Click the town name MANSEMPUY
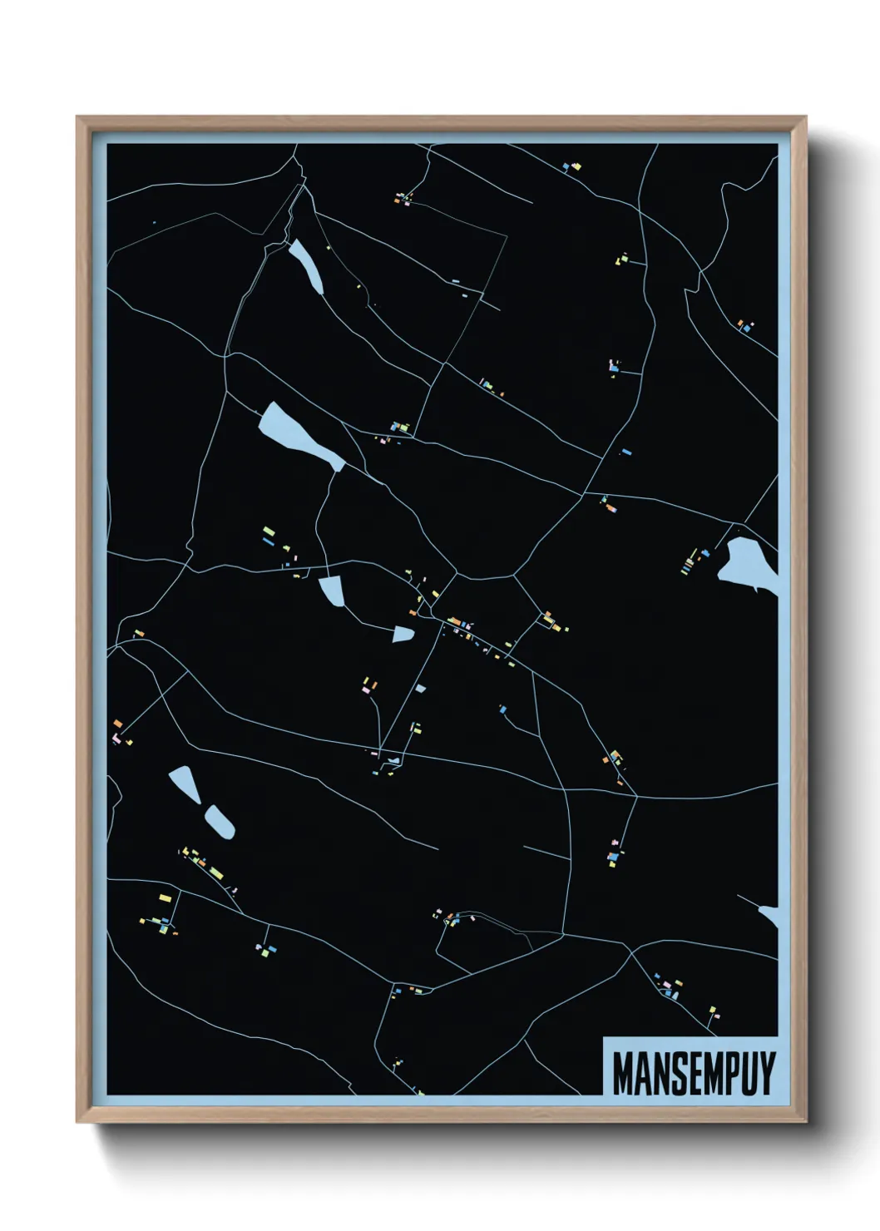point(693,1073)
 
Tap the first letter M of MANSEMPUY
point(622,1073)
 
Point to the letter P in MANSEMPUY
point(729,1073)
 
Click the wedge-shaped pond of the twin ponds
point(185,784)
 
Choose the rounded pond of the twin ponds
point(220,821)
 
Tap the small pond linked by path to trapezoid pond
point(403,635)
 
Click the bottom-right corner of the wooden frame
point(804,1120)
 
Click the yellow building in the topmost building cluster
point(576,166)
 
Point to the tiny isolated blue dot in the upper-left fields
point(154,223)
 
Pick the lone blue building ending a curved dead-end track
point(503,709)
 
